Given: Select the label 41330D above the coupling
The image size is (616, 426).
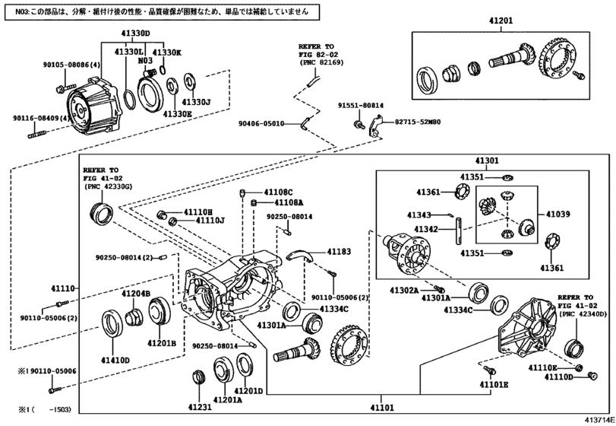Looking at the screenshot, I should [136, 33].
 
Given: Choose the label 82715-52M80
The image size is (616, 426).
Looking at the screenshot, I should [419, 122].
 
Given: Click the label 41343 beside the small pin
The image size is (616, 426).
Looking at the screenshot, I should [419, 215].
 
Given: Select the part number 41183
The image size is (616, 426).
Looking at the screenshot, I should [340, 251].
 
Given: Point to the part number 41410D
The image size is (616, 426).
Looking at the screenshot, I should [115, 360].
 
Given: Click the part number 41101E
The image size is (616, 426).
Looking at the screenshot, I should [494, 385].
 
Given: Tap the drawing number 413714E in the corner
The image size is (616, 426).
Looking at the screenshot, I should [599, 419].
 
